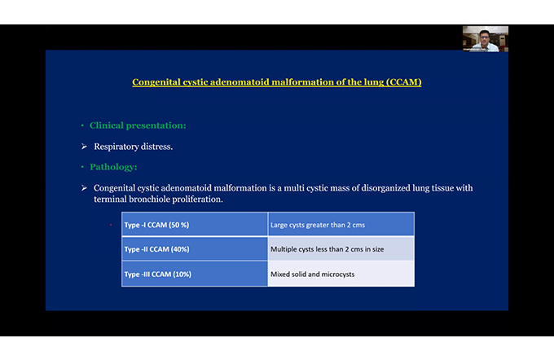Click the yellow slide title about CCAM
[277, 82]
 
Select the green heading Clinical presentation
[138, 125]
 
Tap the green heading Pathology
[113, 167]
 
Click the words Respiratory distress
[133, 147]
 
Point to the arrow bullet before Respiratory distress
[84, 147]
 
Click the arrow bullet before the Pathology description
[84, 187]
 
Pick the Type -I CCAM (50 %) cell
[195, 224]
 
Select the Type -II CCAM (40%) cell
[195, 248]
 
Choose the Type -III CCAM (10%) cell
[195, 274]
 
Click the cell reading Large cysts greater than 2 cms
[341, 224]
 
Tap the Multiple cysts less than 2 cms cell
[341, 248]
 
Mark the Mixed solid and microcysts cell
[341, 274]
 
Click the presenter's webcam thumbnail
[485, 39]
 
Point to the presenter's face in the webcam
[485, 37]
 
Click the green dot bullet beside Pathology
[82, 167]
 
